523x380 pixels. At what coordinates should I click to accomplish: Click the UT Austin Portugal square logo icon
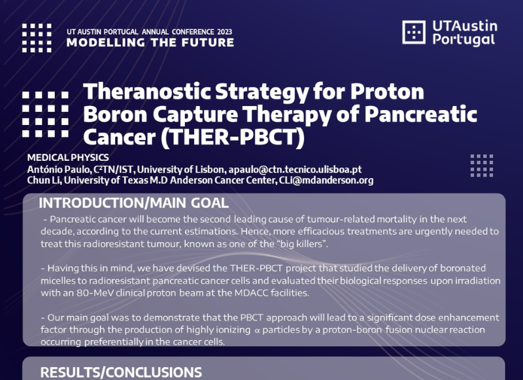click(x=414, y=32)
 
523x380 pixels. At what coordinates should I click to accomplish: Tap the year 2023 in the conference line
click(x=224, y=32)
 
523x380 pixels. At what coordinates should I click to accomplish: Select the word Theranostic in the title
click(x=146, y=92)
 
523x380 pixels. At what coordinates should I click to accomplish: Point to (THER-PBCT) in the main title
click(x=233, y=137)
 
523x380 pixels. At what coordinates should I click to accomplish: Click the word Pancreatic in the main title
click(x=420, y=114)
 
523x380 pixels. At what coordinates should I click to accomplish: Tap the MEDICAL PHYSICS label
click(x=68, y=158)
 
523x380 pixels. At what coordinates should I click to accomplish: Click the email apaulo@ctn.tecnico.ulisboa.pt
click(x=295, y=169)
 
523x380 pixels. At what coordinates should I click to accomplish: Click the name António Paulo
click(x=59, y=169)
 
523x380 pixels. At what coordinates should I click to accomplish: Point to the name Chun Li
click(x=44, y=181)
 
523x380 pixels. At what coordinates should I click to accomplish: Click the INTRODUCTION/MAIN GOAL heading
click(x=134, y=203)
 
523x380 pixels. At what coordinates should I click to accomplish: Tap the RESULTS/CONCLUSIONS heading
click(x=121, y=373)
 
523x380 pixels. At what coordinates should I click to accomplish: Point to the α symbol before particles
click(x=257, y=330)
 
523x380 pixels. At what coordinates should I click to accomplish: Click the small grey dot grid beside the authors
click(x=482, y=165)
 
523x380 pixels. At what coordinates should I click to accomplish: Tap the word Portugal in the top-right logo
click(x=464, y=40)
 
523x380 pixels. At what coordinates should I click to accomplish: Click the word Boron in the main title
click(x=116, y=114)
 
